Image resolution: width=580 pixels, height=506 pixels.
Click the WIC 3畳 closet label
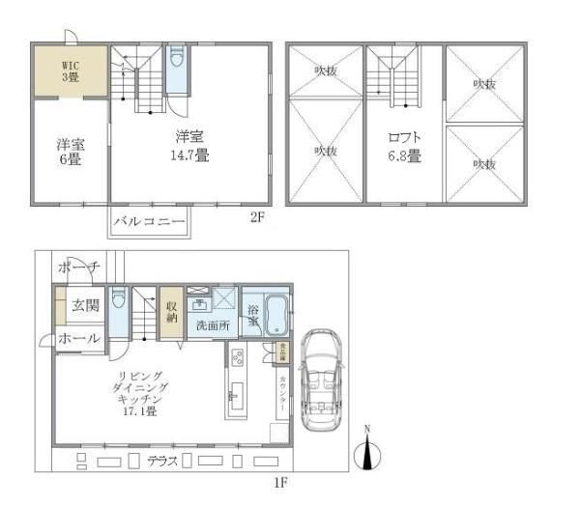coord(71,70)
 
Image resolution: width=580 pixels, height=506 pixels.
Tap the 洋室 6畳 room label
coord(71,154)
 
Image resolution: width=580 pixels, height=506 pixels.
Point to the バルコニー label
coord(149,221)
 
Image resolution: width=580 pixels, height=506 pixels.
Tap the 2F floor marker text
coord(257,217)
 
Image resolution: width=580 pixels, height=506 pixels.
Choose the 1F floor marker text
coord(281,480)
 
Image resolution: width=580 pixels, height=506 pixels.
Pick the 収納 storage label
coord(170,310)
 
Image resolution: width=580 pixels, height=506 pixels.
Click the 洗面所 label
coord(213,325)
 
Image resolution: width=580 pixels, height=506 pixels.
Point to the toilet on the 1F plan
coord(118,298)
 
